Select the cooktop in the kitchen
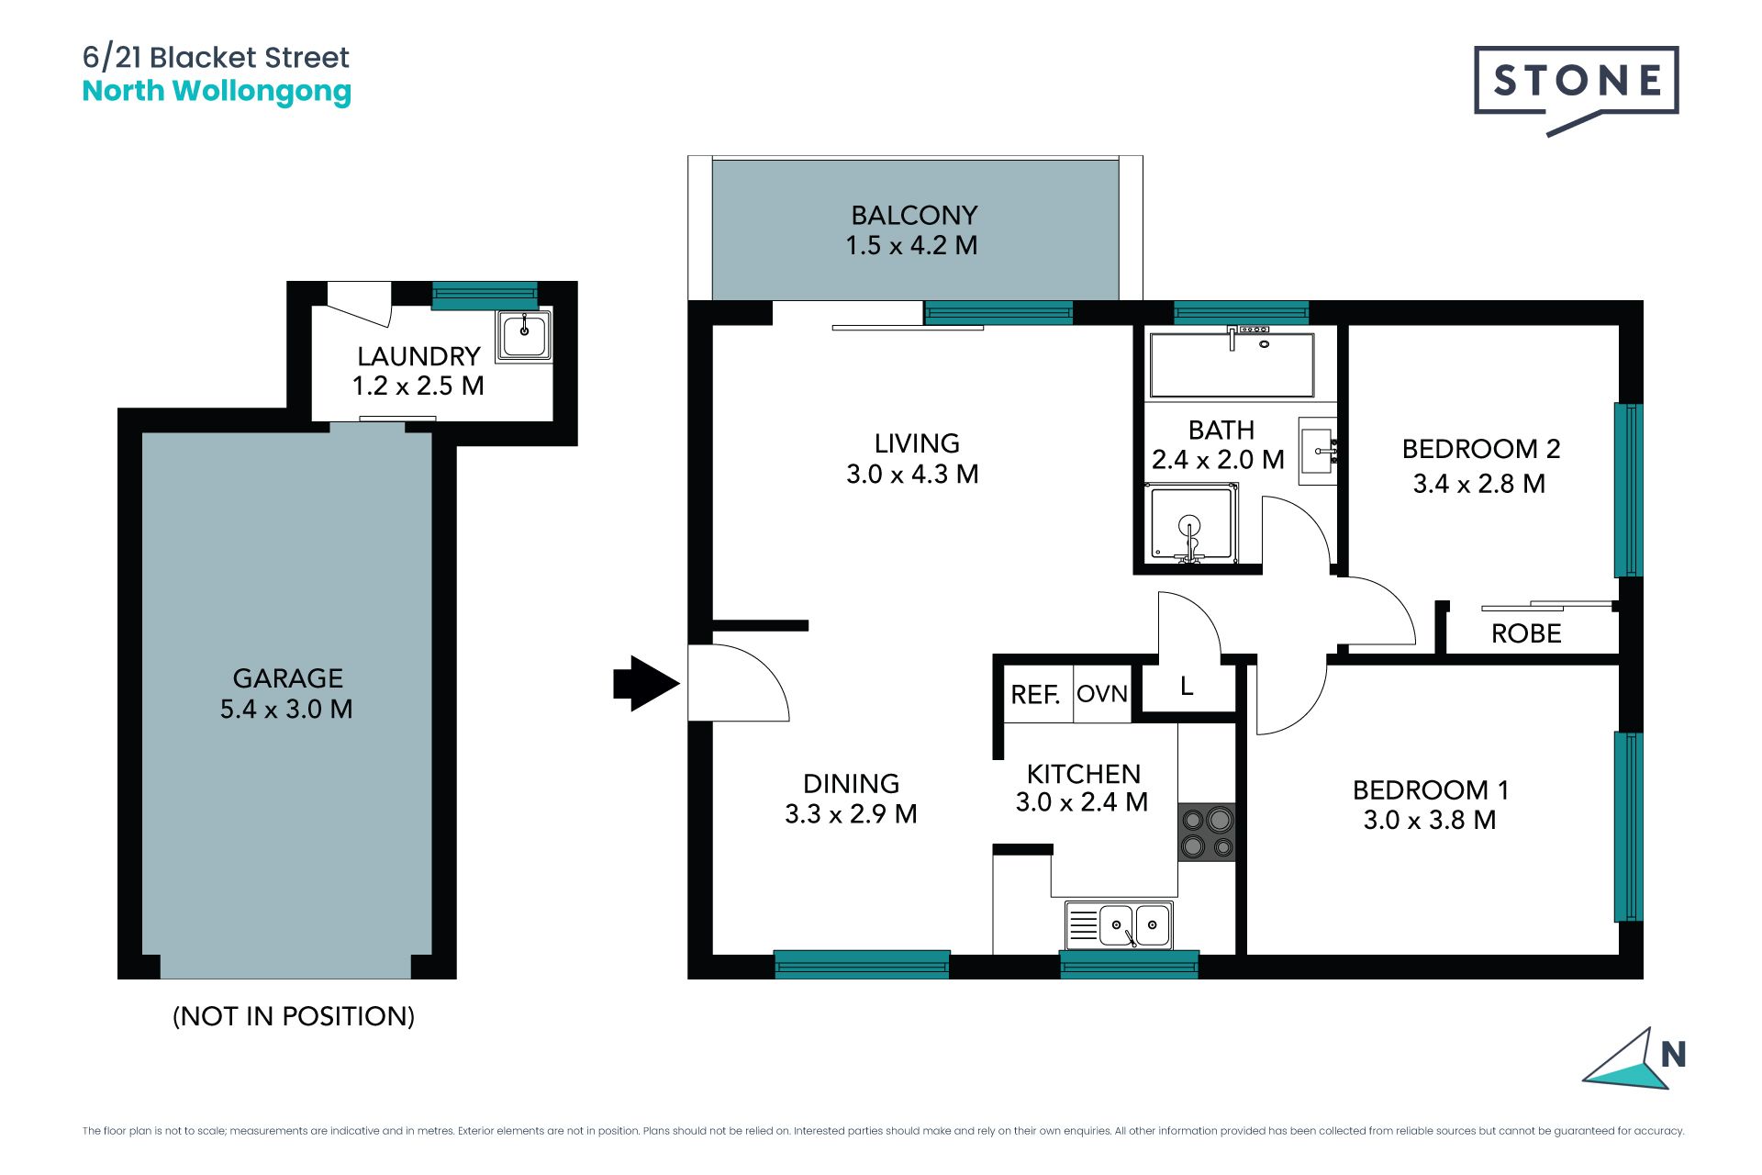pos(1207,833)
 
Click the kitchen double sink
pos(1119,924)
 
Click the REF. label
pos(1035,695)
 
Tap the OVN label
pos(1101,693)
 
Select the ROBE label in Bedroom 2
pos(1526,633)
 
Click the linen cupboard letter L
pos(1187,686)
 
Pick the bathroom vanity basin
pos(1317,451)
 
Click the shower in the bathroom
pos(1190,524)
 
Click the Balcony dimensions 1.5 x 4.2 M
pos(911,245)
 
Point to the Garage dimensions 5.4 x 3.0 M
pos(286,709)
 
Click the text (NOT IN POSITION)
pos(294,1016)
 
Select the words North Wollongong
pos(217,92)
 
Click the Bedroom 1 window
pos(1629,826)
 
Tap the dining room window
pos(862,964)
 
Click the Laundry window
pos(485,295)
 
